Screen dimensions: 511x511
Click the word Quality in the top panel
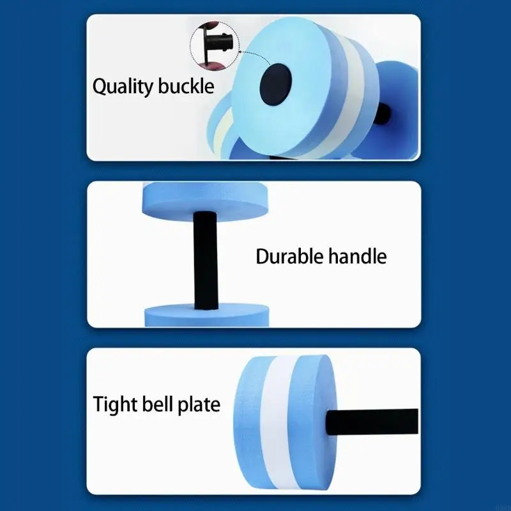pos(123,87)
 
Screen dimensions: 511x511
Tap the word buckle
pos(186,86)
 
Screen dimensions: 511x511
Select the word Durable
pos(290,256)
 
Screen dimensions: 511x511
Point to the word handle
pos(358,256)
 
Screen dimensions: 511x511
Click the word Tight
pos(116,405)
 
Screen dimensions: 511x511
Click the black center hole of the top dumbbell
pos(276,84)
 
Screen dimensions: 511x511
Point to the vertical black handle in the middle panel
pos(205,260)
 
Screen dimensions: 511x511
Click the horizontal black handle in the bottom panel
pos(372,422)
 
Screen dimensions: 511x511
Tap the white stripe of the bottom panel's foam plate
pos(277,422)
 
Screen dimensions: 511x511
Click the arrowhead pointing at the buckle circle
pos(240,51)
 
